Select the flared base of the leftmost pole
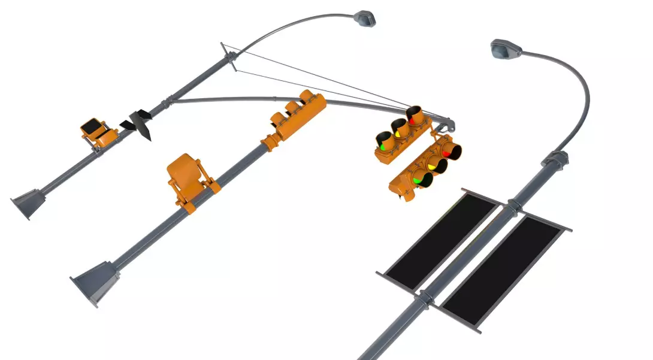[28, 202]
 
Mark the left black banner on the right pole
[440, 239]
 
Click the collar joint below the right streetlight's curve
[555, 159]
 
